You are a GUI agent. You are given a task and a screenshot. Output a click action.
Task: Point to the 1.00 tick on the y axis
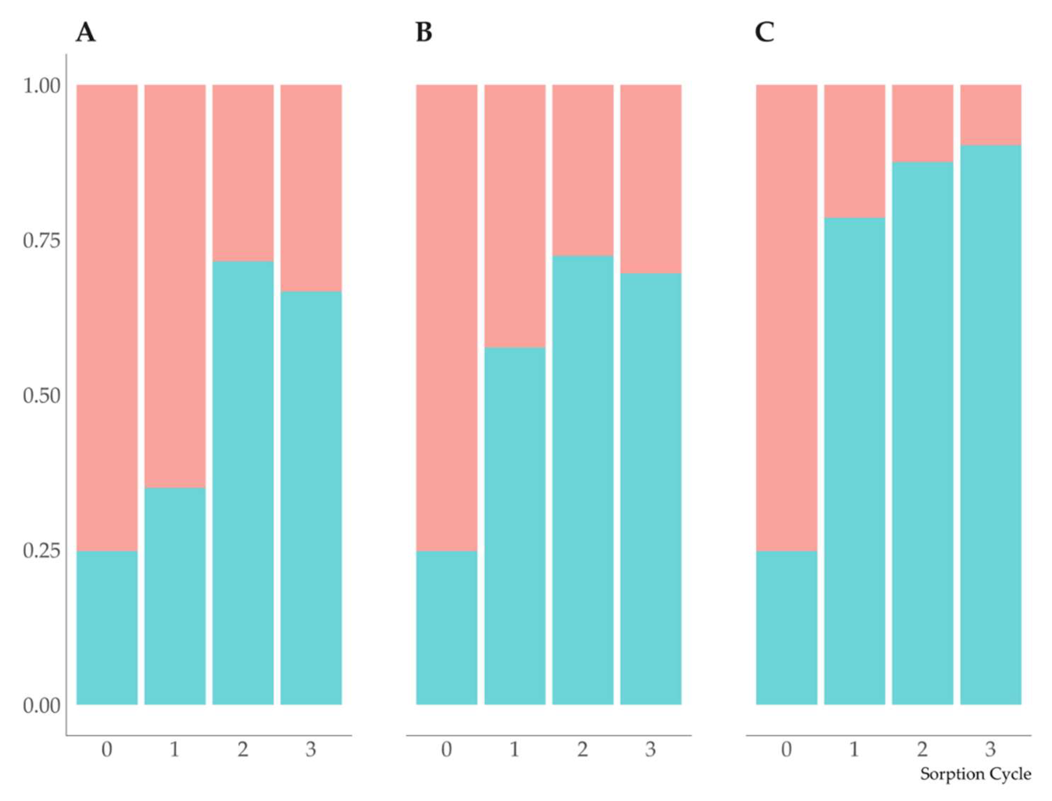click(x=42, y=86)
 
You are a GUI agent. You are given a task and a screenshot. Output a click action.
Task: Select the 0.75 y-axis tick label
click(x=42, y=241)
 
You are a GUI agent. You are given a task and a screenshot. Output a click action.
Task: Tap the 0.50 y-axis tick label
click(x=42, y=396)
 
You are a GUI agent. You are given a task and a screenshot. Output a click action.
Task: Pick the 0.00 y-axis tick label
click(x=42, y=706)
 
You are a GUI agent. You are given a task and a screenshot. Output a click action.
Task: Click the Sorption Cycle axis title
click(x=975, y=773)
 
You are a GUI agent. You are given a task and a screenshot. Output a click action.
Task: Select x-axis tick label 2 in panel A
click(x=243, y=750)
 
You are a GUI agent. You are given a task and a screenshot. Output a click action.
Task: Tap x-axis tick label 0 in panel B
click(x=446, y=750)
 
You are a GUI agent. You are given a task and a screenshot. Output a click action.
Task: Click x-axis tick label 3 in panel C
click(x=990, y=750)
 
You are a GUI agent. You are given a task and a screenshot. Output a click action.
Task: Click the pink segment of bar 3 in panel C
click(x=990, y=115)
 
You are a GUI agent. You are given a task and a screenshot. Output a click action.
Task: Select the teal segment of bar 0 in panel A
click(x=107, y=627)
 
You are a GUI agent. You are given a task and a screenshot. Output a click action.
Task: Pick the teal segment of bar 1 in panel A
click(x=175, y=596)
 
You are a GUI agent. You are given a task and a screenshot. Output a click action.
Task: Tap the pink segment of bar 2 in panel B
click(x=583, y=170)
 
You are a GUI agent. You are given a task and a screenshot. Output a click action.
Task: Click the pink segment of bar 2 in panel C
click(x=922, y=123)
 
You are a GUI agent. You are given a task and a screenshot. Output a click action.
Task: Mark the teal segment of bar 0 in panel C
click(x=786, y=627)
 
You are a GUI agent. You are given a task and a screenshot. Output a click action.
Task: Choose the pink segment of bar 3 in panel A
click(x=311, y=188)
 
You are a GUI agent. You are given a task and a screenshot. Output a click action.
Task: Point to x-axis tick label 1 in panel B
click(x=514, y=750)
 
